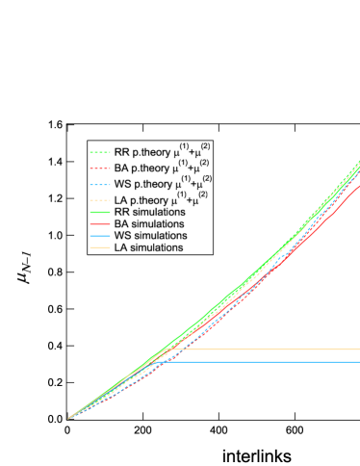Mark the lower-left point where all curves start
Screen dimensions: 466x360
(68, 419)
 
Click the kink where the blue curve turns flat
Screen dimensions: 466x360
(160, 362)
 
